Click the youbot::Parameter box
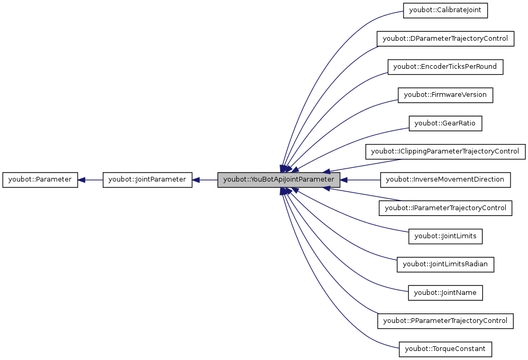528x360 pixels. click(40, 180)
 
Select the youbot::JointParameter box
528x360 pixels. click(147, 180)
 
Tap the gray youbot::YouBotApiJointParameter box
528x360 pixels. click(279, 180)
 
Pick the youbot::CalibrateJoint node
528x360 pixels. click(445, 11)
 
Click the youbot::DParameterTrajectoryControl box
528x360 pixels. click(445, 39)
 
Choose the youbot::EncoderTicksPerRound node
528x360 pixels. click(445, 67)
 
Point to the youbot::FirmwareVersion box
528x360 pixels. click(445, 95)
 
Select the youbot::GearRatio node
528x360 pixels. click(445, 123)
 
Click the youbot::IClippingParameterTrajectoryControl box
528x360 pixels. click(445, 151)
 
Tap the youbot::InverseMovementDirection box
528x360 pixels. click(445, 179)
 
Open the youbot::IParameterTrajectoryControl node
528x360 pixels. click(445, 208)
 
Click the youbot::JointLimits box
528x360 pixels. click(445, 236)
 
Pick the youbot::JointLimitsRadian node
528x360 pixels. click(445, 264)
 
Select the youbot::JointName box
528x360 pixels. click(445, 293)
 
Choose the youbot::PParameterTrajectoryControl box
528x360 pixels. click(445, 321)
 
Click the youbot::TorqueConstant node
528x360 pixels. click(445, 349)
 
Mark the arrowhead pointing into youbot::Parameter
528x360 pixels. click(82, 180)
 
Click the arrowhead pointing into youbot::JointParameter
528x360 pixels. click(196, 180)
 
